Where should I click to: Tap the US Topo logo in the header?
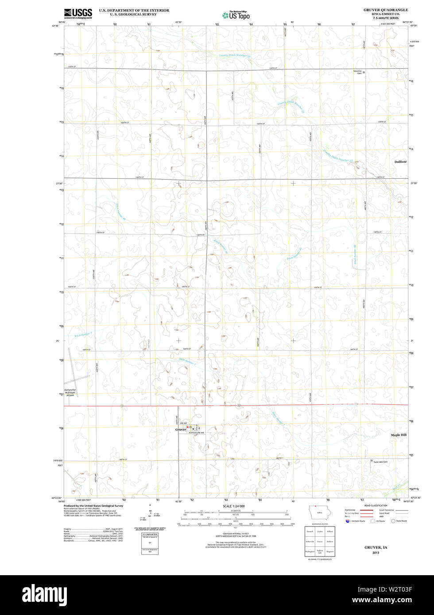point(236,15)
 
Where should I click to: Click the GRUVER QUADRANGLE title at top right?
point(386,10)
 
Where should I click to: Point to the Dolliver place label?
point(400,162)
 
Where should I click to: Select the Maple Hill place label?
point(399,435)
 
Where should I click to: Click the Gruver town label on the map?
point(180,430)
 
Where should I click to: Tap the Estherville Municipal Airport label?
point(70,392)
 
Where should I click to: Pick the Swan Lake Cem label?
point(380,462)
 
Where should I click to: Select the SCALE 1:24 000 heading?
point(233,506)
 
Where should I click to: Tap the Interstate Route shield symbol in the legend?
point(348,521)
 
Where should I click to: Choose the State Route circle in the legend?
point(393,521)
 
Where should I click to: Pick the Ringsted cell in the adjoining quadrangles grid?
point(330,552)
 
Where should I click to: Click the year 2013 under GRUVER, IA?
point(376,553)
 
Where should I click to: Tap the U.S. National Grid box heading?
point(150,535)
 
